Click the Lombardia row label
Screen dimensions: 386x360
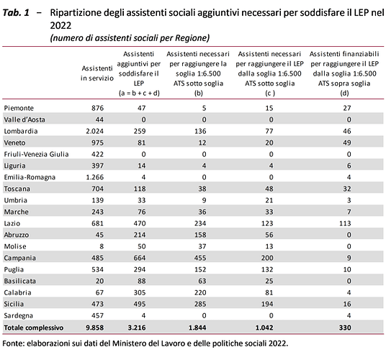21,131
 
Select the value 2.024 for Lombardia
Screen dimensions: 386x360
94,131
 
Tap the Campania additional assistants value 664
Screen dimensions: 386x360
140,258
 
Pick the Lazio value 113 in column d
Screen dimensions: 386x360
345,223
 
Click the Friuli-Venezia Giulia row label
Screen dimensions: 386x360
36,154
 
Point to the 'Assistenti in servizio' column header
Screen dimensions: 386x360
97,73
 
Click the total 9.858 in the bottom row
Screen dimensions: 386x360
94,328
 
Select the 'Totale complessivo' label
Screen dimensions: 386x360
34,328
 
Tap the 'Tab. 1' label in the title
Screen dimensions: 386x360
16,13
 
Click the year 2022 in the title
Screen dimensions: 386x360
60,26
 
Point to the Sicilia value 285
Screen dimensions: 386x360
200,304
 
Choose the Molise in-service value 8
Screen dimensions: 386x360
101,246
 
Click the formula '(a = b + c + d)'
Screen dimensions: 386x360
139,94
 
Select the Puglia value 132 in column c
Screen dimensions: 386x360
267,269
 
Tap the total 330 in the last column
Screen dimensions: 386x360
345,328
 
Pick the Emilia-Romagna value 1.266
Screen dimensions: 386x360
94,177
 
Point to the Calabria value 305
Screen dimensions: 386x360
140,292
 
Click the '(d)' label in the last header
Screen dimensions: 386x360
344,94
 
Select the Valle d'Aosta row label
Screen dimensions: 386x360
24,120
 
